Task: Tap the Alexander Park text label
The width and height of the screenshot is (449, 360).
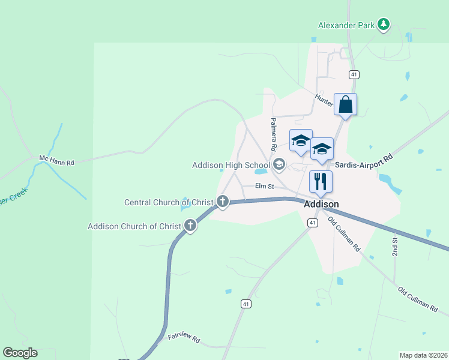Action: [346, 26]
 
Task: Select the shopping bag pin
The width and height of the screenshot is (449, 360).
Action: [345, 104]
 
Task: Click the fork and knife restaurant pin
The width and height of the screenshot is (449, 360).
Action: [321, 182]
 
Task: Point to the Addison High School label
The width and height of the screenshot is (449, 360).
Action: [231, 165]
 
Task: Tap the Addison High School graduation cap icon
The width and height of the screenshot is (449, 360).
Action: [279, 164]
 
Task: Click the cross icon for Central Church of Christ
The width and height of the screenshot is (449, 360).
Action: [223, 202]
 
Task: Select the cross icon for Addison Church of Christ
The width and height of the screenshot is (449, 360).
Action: [190, 226]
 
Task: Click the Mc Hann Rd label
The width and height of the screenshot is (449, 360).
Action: [56, 161]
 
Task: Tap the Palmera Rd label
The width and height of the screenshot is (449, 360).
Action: [273, 133]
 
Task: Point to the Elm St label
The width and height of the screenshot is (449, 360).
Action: [264, 187]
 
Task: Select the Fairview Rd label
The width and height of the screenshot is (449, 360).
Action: [184, 338]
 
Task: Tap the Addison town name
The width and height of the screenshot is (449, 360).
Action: [321, 204]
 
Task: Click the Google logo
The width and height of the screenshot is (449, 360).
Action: [20, 353]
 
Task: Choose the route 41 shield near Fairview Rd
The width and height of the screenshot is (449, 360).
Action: [246, 305]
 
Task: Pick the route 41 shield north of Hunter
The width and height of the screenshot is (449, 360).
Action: [354, 74]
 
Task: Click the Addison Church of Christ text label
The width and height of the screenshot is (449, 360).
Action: [134, 226]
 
